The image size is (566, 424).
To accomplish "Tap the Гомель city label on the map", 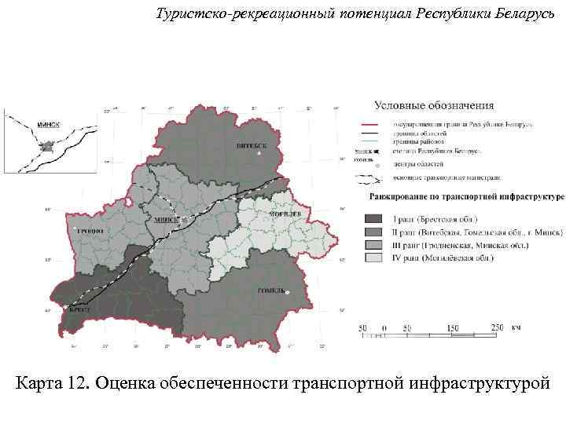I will (272, 291).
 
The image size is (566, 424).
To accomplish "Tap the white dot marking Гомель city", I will (288, 293).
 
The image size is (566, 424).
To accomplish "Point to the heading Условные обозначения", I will (434, 104).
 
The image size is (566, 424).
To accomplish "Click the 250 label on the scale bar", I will (497, 327).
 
